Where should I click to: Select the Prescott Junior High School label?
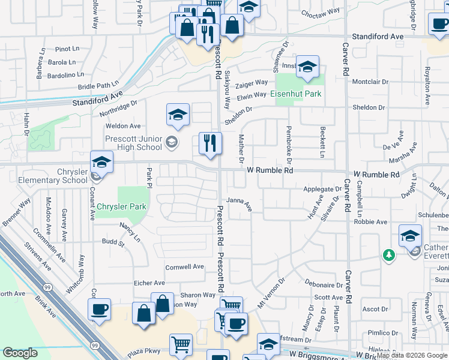point(133,143)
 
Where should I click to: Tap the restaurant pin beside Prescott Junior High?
point(209,145)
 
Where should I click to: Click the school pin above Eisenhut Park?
point(307,68)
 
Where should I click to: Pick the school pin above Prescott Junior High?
point(178,116)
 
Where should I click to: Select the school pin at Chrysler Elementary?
point(102,164)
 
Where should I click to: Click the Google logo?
point(20,353)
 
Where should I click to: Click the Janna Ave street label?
point(238,205)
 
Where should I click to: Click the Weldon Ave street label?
point(122,126)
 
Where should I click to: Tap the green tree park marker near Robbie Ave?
point(388,256)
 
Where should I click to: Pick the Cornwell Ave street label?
point(185,267)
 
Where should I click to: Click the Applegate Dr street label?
point(322,188)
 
